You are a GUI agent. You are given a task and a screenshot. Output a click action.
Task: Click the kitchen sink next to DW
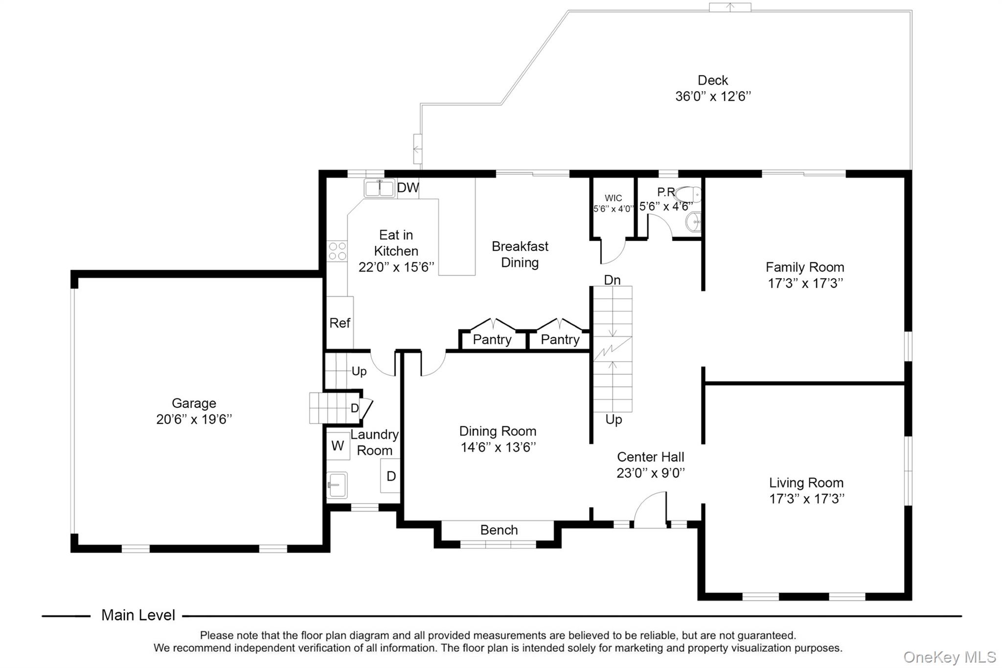pos(379,188)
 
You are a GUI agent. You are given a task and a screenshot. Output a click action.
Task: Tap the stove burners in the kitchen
pos(337,251)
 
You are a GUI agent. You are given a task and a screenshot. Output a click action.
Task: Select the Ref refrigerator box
pos(340,322)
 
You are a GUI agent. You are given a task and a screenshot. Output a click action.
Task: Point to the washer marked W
pos(338,446)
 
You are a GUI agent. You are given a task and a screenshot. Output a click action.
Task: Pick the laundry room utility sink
pos(337,485)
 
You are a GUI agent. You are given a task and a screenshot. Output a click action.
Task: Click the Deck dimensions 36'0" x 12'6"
pos(713,96)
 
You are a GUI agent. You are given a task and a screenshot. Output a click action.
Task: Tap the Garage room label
pos(194,403)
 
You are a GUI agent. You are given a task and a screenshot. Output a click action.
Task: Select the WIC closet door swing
pos(613,252)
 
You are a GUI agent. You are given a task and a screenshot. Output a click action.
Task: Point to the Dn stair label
pos(612,280)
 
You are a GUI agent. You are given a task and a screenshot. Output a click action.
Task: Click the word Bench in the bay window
pos(499,530)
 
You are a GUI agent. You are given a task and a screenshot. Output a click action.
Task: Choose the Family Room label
pos(805,267)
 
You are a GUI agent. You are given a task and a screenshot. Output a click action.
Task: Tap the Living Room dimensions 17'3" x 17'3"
pos(806,499)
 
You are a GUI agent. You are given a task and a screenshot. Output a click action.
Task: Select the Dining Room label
pos(498,431)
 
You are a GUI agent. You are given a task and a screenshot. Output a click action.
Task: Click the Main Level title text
pos(138,615)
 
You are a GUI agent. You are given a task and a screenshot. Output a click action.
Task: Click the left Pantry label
pos(492,340)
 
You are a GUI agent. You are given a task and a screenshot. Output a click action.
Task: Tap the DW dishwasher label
pos(408,187)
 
